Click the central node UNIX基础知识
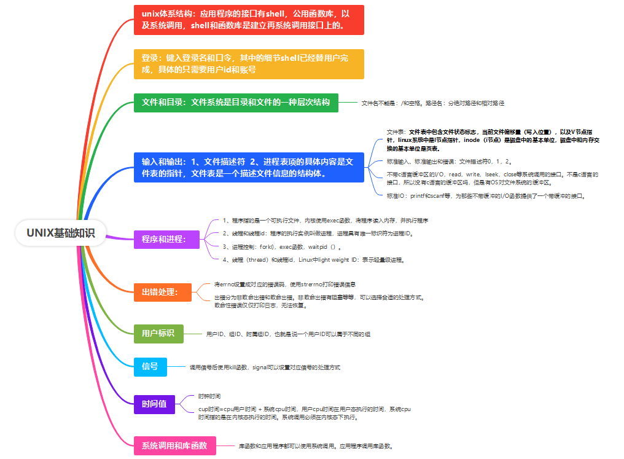tap(61, 233)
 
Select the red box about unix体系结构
tap(249, 20)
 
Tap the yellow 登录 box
tap(249, 64)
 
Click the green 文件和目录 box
tap(236, 103)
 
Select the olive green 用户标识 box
tap(158, 333)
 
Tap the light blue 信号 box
tap(150, 366)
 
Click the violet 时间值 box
tap(154, 404)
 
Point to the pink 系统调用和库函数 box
tap(175, 445)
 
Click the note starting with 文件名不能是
tap(432, 103)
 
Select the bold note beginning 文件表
tap(492, 140)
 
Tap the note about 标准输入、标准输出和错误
tap(450, 161)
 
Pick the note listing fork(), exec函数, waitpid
tap(282, 246)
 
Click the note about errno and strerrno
tap(285, 284)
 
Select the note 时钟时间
tap(209, 396)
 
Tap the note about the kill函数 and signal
tap(265, 367)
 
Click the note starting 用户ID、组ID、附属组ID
tap(288, 334)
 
